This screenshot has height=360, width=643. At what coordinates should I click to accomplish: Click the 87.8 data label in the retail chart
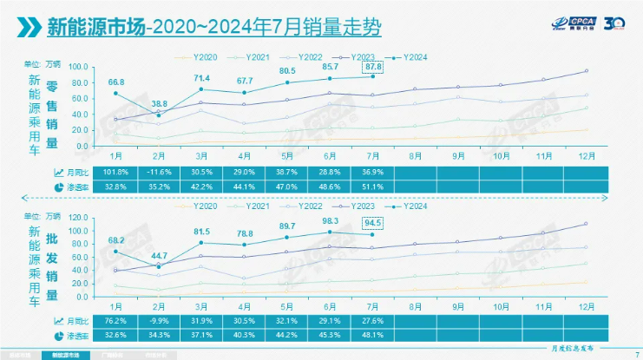point(373,66)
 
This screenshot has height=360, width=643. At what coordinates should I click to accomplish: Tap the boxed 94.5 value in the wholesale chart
point(373,221)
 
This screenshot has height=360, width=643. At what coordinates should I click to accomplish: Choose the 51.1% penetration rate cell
point(373,186)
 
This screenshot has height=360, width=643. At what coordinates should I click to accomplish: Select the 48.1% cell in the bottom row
point(373,335)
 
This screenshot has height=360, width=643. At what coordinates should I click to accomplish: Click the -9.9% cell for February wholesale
point(159,322)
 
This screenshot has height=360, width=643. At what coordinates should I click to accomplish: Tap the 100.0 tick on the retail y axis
point(77,67)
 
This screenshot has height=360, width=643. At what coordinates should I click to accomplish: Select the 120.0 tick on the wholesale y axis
point(77,217)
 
